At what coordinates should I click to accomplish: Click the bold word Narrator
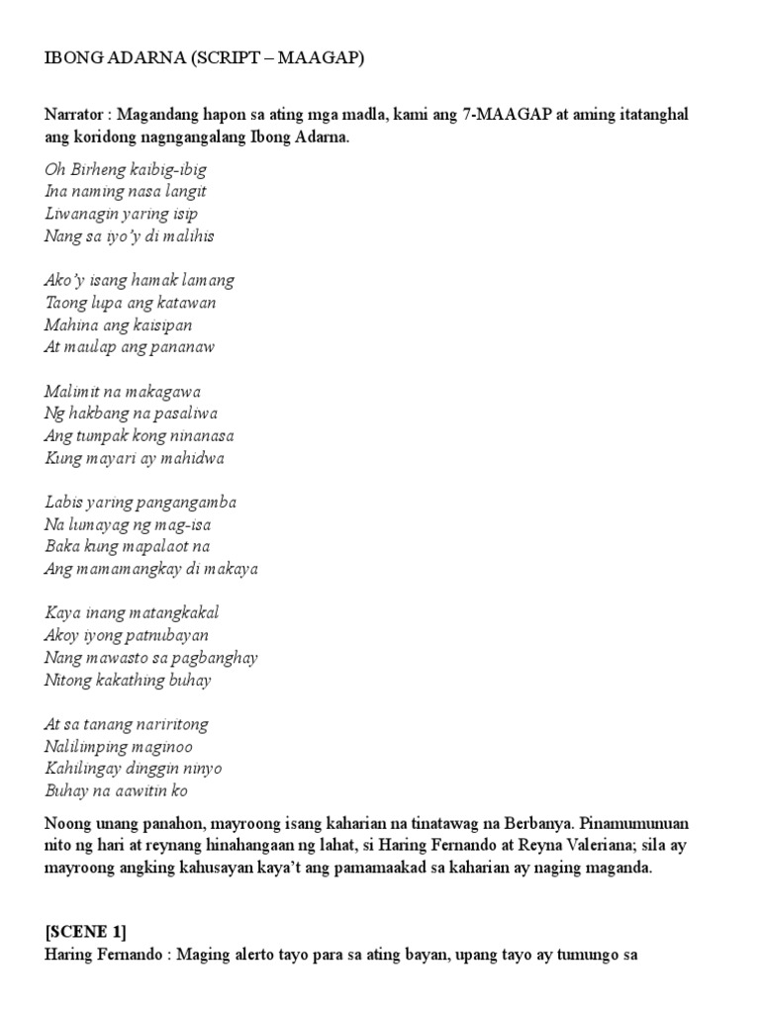click(75, 116)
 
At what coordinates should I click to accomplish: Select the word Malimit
click(73, 392)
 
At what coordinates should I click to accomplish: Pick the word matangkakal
click(170, 613)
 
